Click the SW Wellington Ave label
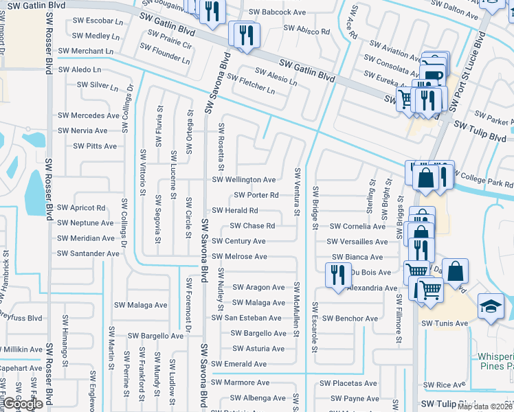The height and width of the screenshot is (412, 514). pos(244,180)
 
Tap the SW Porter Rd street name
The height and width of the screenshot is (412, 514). pos(256,195)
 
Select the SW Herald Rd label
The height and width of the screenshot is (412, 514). pos(235,211)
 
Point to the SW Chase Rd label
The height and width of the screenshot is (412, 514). pos(252,226)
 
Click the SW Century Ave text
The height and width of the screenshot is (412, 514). pos(238,242)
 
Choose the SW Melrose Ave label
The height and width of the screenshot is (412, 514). pos(239,257)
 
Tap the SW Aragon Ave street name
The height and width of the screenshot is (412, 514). pos(258,288)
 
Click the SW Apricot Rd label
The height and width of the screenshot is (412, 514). pos(82,208)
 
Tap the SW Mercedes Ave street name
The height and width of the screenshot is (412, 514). pos(89,115)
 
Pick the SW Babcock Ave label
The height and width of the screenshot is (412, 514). pos(277,12)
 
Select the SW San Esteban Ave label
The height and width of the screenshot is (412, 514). pos(246,318)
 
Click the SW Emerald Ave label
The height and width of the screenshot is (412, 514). pos(238,364)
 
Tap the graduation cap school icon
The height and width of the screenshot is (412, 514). pos(491,306)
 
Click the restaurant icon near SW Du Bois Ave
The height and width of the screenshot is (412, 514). pos(337,275)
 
